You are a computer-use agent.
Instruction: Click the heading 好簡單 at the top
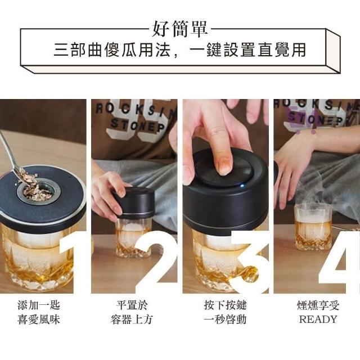tap(180, 29)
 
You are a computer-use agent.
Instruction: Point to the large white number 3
tap(249, 262)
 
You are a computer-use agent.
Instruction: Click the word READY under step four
tap(318, 319)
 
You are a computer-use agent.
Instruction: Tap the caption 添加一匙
tap(39, 305)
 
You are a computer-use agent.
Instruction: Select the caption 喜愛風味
tap(39, 319)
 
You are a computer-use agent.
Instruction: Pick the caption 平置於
tap(132, 305)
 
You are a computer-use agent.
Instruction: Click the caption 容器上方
tap(132, 319)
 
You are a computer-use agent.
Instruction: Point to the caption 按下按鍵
tap(225, 305)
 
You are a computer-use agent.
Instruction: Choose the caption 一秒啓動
tap(225, 319)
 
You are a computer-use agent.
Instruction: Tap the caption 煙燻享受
tap(318, 305)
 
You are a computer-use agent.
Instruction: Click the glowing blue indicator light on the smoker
tap(241, 186)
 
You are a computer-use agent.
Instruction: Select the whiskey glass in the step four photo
tap(313, 227)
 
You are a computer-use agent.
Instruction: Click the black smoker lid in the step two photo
tap(136, 202)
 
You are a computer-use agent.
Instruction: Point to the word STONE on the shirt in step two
tap(134, 125)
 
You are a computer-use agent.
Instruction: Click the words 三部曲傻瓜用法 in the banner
tap(112, 49)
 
